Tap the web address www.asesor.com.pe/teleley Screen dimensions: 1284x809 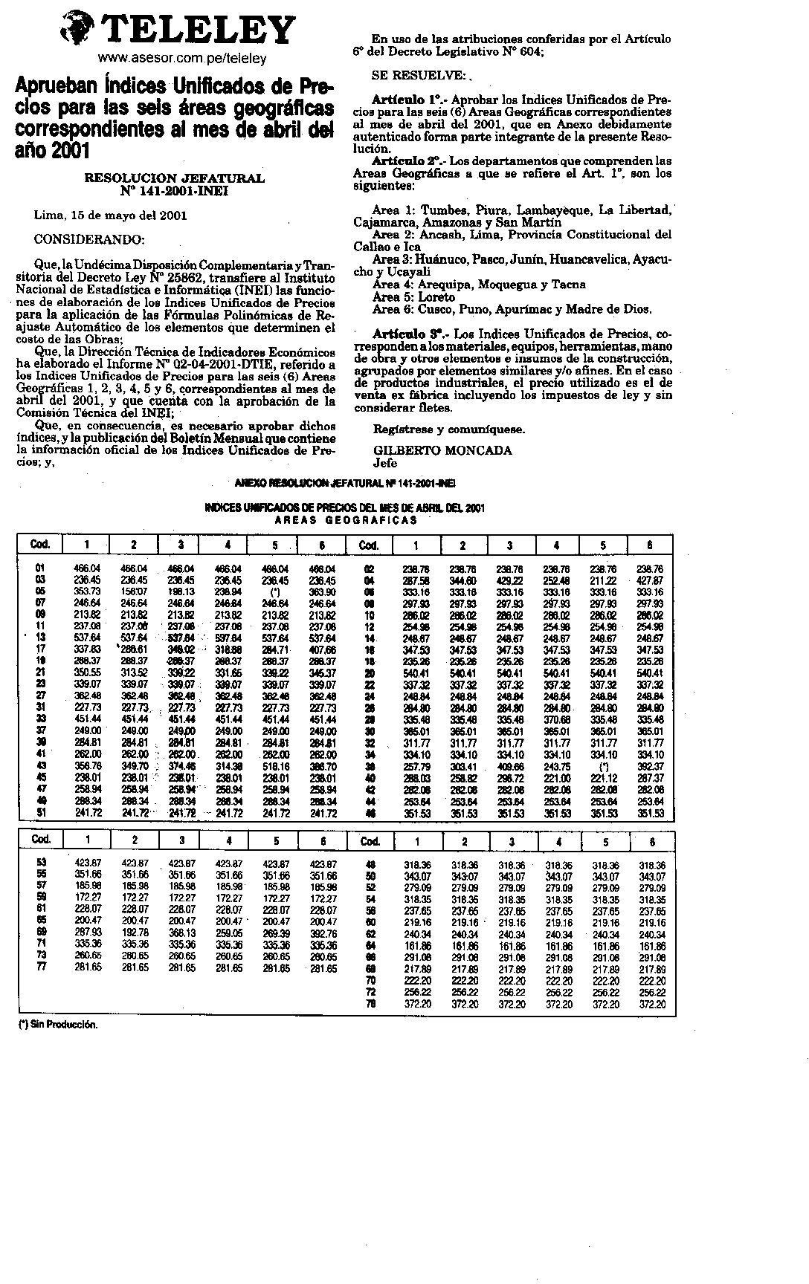(182, 57)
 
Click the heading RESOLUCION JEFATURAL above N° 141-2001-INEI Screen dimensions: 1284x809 (175, 178)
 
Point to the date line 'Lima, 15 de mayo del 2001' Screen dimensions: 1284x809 (111, 215)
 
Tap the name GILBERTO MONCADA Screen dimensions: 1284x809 (442, 450)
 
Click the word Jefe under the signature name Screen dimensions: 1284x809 (385, 463)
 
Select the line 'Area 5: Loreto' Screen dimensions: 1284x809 (413, 296)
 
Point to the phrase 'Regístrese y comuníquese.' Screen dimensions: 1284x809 (448, 429)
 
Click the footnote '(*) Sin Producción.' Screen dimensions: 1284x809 (58, 1024)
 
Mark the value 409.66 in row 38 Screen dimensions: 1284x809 (509, 766)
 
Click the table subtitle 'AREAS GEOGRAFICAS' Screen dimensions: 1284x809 (346, 520)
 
